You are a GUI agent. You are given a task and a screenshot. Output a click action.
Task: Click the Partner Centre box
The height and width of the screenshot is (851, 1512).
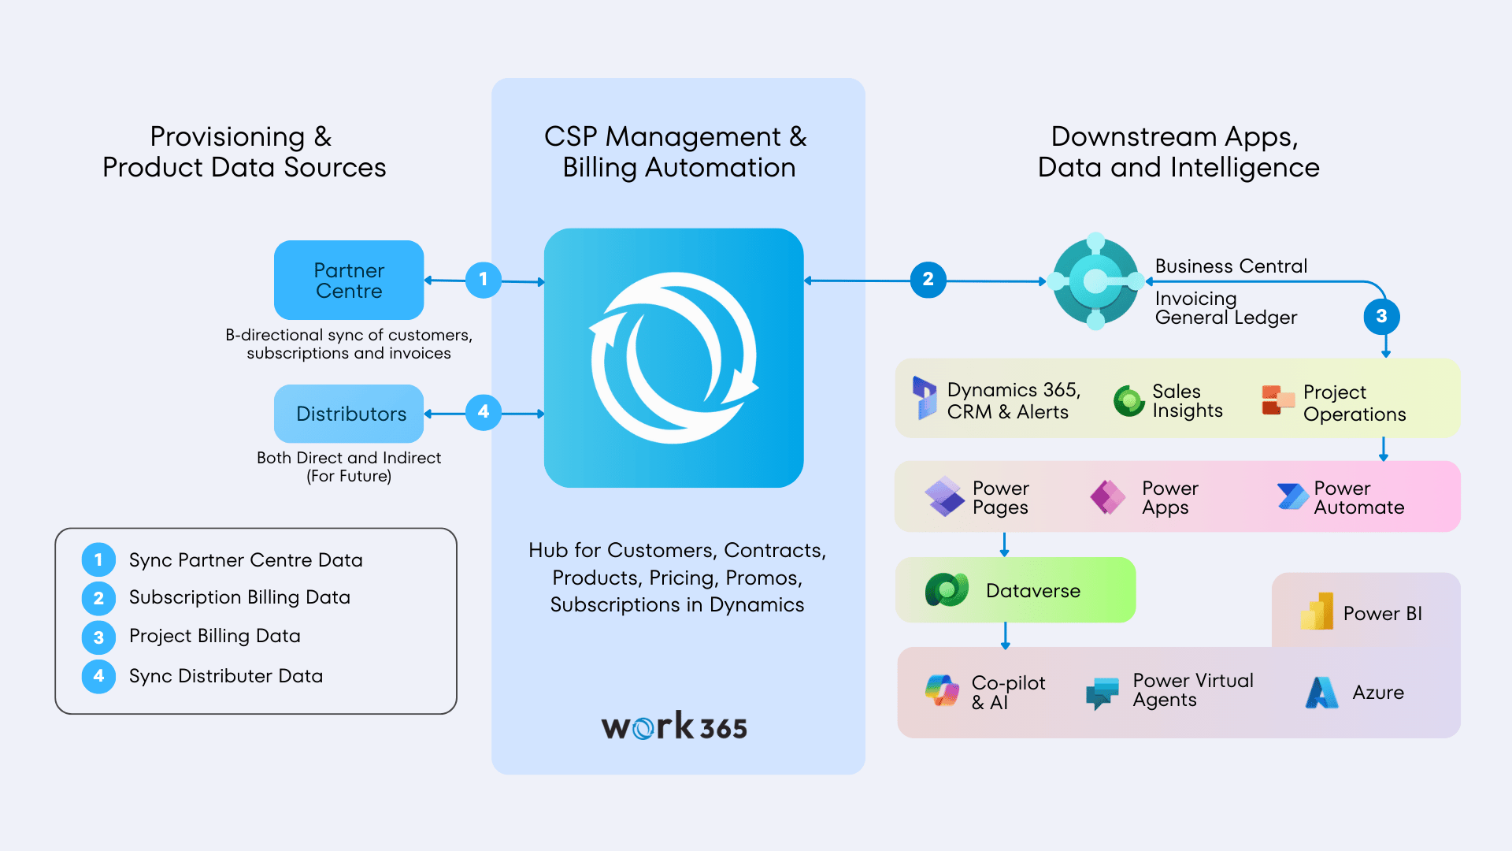point(349,280)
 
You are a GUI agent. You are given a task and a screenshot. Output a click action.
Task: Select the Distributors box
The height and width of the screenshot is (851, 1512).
point(349,414)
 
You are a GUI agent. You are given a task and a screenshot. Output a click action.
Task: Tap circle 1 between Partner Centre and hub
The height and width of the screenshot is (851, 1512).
point(484,280)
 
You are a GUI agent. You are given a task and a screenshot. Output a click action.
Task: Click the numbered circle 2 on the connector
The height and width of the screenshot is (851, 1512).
point(928,280)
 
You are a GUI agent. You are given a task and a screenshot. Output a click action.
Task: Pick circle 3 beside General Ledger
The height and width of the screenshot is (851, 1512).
point(1381,316)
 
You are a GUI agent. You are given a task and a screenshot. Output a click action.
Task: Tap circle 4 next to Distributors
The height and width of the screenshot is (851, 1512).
point(484,412)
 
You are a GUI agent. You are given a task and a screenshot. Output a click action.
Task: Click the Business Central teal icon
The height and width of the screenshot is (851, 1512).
point(1095,281)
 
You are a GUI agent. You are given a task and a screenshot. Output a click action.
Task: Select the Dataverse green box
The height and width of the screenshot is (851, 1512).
point(1015,590)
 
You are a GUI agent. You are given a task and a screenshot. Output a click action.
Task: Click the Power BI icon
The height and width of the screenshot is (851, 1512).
point(1317,611)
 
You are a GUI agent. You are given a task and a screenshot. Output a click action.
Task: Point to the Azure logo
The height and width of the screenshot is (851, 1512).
point(1321,693)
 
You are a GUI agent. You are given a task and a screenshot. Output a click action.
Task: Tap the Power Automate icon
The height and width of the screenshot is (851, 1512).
point(1291,496)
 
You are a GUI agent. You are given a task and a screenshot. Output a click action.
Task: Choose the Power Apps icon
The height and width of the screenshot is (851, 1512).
point(1108,496)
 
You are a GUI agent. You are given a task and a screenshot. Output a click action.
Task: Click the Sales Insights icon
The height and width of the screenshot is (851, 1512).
point(1128,400)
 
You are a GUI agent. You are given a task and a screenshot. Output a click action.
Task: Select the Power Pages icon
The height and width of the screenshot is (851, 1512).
point(944,496)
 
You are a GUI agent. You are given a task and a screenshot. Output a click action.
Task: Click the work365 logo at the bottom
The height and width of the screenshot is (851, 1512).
point(674,727)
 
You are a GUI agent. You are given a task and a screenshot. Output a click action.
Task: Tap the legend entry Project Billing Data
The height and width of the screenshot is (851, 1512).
point(214,636)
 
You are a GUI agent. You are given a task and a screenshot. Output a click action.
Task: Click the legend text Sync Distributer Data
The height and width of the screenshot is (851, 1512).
point(225,676)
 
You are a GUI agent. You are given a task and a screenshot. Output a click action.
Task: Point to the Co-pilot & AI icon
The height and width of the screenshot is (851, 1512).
point(942,691)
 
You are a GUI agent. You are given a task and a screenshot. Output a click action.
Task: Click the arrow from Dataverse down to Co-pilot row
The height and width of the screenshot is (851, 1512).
point(1005,635)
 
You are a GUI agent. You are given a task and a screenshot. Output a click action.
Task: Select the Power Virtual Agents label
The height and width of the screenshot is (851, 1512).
point(1192,690)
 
